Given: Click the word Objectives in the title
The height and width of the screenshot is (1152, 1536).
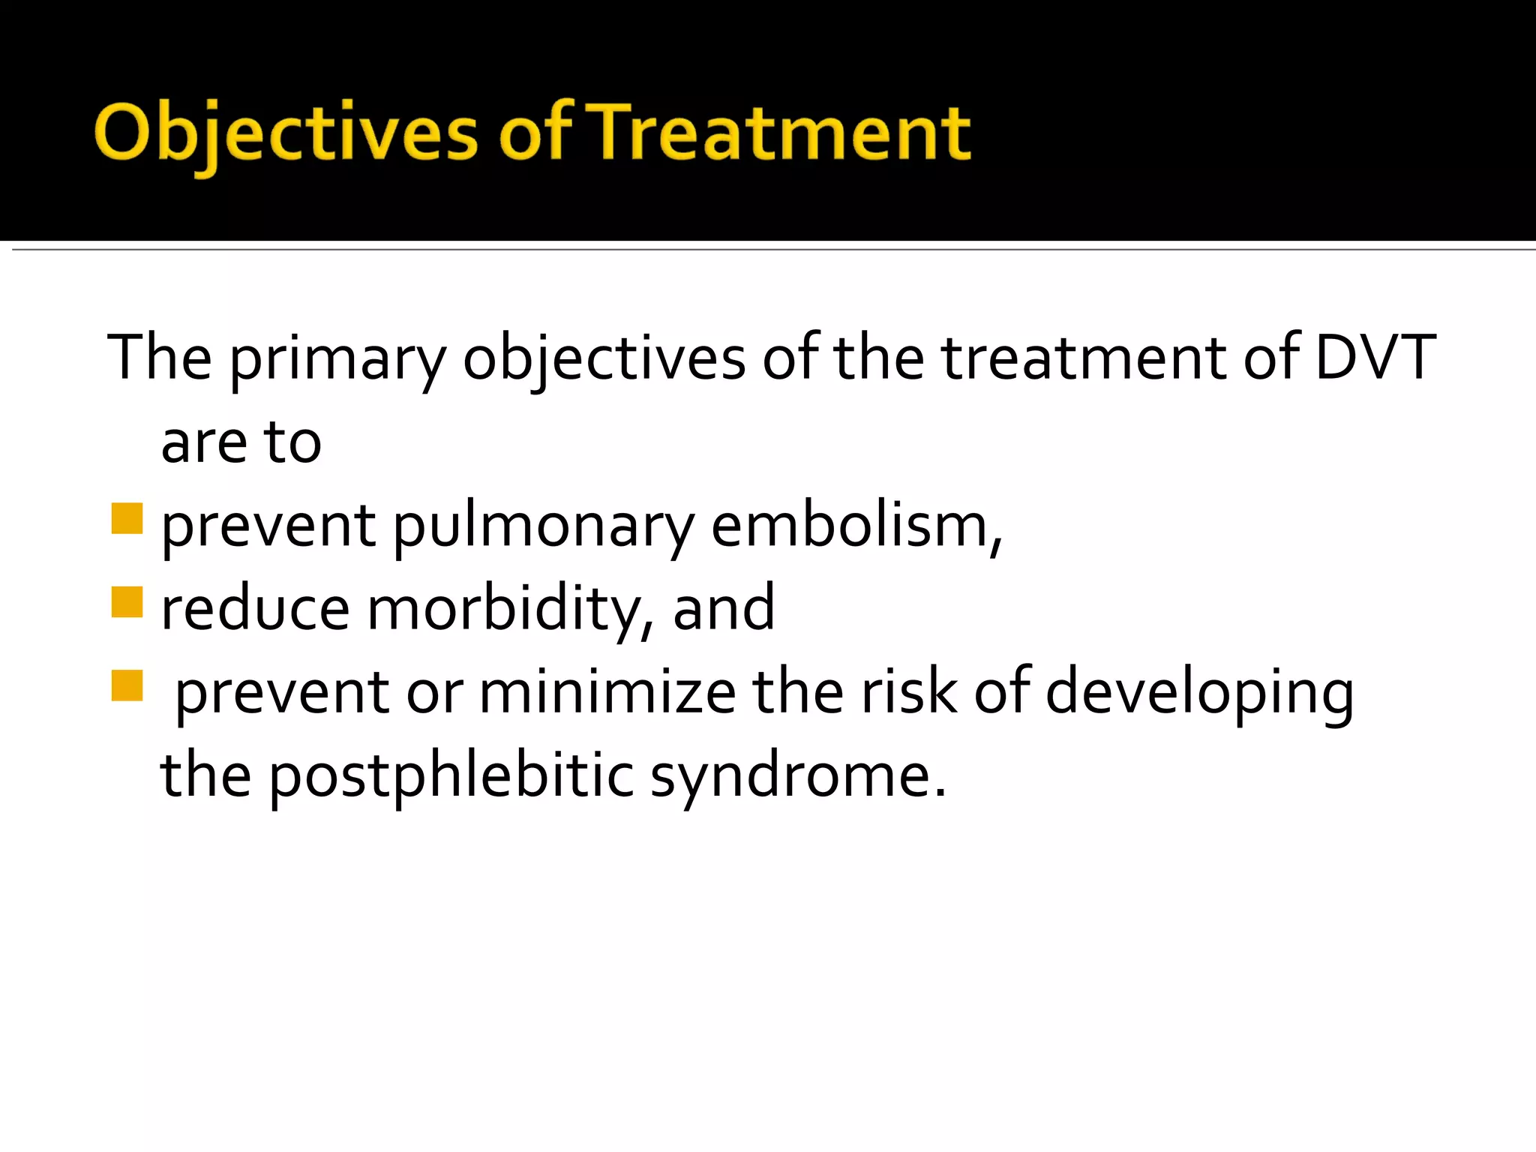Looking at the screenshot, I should tap(285, 133).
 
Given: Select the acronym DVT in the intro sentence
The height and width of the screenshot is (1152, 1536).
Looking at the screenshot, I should tap(1375, 358).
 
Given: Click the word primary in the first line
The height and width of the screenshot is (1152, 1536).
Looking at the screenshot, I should tap(337, 360).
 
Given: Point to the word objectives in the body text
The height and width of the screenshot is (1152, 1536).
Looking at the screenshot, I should tap(604, 360).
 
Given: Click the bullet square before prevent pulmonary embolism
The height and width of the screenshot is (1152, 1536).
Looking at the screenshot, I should tap(127, 518).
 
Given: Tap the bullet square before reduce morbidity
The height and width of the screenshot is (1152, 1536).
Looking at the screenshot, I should tap(127, 601).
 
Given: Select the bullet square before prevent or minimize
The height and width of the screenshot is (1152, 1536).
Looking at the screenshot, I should tap(127, 685).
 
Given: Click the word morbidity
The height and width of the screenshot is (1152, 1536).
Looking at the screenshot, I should tap(510, 609).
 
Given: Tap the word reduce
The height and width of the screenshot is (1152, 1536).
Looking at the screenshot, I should tap(255, 609).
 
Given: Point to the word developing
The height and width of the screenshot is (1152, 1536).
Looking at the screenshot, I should tap(1199, 694).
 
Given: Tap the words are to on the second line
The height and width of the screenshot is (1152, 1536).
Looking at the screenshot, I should tap(241, 442).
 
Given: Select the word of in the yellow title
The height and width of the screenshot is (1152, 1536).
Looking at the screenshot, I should tap(535, 133).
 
